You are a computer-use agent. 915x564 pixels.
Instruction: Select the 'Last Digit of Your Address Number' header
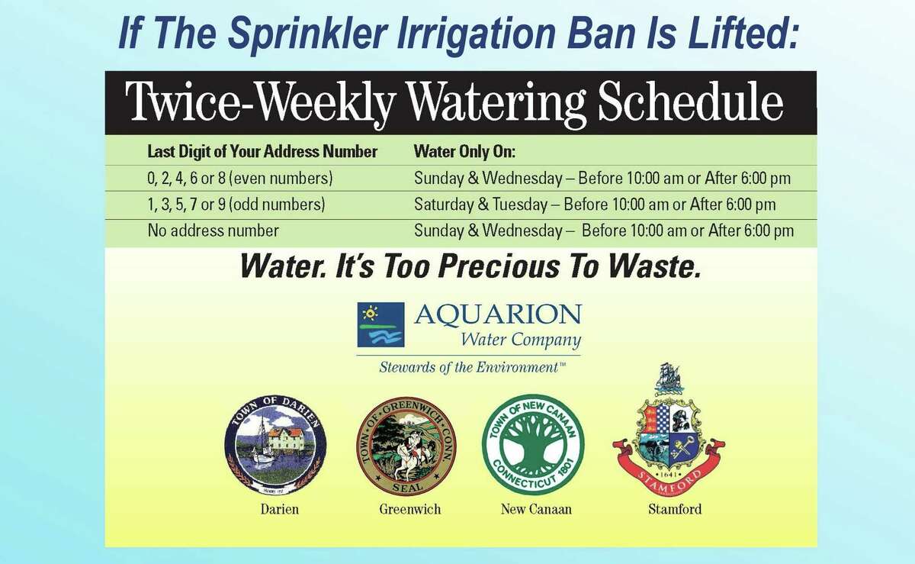tap(262, 152)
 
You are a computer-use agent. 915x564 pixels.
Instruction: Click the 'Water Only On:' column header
tap(464, 152)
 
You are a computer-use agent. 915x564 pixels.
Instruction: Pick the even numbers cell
tap(240, 179)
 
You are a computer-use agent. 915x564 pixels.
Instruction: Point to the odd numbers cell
tap(236, 205)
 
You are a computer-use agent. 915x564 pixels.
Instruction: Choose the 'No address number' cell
tap(213, 230)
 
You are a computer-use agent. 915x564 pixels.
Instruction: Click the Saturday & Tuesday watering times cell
tap(595, 205)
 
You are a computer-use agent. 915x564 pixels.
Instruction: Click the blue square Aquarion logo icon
tap(380, 324)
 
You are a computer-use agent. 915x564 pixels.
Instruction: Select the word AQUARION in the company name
tap(497, 315)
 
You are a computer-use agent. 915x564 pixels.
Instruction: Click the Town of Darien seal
tap(276, 446)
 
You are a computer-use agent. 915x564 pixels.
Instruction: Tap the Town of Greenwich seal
tap(406, 446)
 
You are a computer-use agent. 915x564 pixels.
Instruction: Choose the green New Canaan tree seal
tap(533, 445)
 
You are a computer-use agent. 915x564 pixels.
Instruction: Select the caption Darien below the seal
tap(280, 510)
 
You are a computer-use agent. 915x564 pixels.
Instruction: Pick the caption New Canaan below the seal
tap(536, 510)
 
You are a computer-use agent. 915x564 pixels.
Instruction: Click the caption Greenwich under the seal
tap(410, 510)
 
